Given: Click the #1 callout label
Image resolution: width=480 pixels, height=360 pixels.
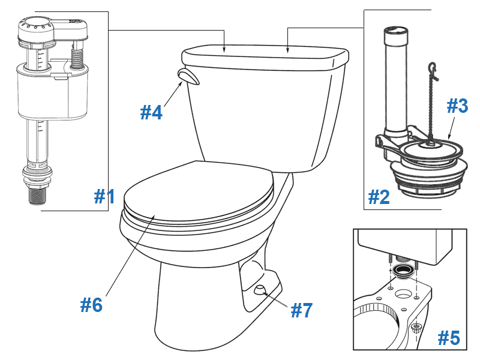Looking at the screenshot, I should coord(104,196).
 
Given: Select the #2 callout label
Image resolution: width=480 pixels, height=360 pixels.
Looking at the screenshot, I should coord(379,196).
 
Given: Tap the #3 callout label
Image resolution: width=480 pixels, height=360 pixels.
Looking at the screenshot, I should coord(457,106).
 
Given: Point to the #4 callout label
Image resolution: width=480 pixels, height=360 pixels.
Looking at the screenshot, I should coord(151,112).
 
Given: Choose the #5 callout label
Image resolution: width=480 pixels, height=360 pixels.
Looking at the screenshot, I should coord(448,338).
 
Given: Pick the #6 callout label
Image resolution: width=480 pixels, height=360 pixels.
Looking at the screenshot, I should coord(91,305).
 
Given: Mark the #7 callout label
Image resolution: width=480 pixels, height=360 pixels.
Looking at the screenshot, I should coord(302,310).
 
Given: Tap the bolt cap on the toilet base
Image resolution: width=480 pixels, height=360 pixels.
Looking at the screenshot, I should coord(260,290).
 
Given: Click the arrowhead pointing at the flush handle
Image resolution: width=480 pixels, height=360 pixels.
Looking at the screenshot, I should coord(181,85).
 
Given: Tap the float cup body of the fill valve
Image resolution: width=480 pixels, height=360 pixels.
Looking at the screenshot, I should coord(45,93).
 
